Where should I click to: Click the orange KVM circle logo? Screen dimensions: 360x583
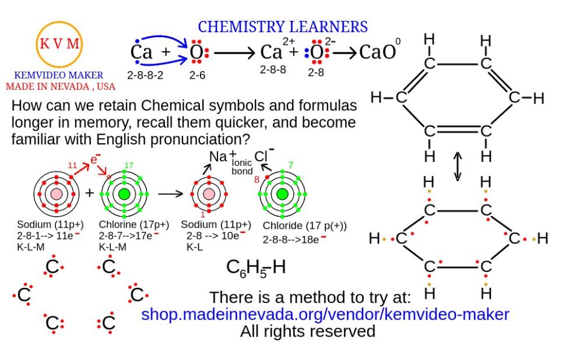tap(59, 43)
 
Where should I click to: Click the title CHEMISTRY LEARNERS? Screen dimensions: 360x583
tap(283, 27)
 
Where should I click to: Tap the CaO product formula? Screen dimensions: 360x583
tap(378, 52)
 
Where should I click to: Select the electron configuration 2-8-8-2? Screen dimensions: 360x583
tap(146, 75)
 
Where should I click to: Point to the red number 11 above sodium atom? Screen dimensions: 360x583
tap(73, 165)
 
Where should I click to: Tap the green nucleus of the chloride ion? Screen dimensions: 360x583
tap(282, 194)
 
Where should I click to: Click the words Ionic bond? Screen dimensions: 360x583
tap(242, 168)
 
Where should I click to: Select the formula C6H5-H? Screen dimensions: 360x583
tap(257, 267)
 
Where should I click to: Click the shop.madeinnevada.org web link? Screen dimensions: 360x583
tap(325, 315)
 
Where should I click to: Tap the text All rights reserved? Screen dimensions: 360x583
tap(308, 331)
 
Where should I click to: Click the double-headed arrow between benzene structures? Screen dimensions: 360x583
tap(458, 167)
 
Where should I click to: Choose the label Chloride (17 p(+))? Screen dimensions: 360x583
tap(305, 225)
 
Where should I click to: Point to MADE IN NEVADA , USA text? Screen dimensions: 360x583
tap(61, 86)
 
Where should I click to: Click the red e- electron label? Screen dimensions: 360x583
tap(95, 158)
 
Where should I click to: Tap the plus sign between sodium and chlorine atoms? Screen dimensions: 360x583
tap(90, 193)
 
